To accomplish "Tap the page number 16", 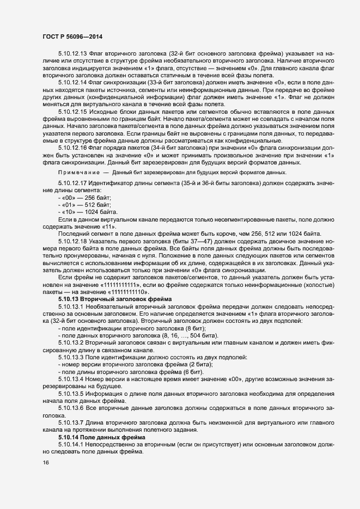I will point(46,463).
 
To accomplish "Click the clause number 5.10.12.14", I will point(72,96).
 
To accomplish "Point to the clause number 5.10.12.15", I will point(72,126).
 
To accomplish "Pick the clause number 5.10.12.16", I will point(72,163).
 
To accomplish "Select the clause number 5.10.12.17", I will point(72,198).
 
